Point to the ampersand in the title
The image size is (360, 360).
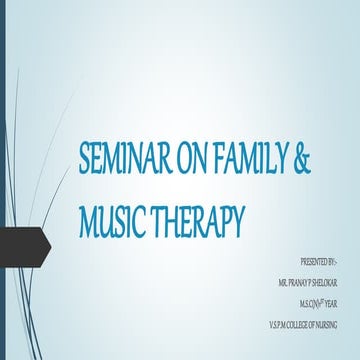click(294, 160)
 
